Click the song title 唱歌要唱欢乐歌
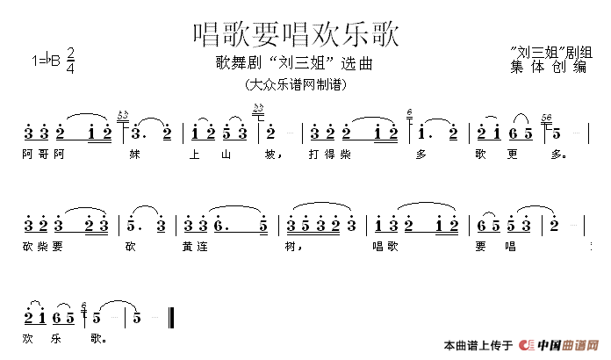coord(296,34)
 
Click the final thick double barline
coord(179,317)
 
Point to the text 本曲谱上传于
coord(479,345)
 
